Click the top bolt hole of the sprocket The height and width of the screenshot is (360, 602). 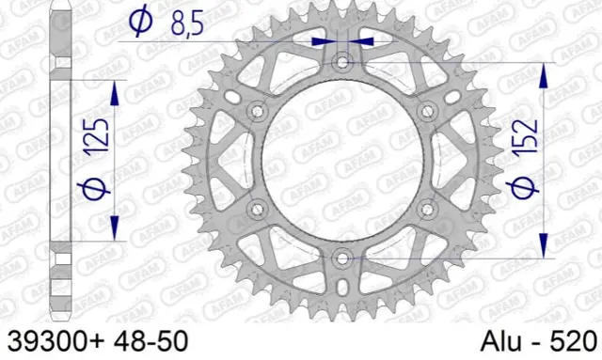[x=341, y=63]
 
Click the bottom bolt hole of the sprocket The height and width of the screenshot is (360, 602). [x=341, y=257]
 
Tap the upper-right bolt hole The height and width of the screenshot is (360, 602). [x=426, y=112]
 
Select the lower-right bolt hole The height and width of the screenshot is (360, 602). [x=426, y=208]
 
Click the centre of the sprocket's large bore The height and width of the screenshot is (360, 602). [x=341, y=160]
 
